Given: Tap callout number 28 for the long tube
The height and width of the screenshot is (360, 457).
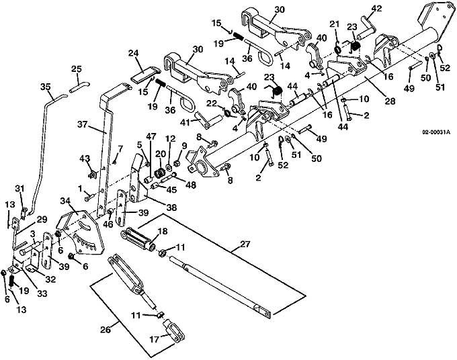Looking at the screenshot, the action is [x=390, y=101].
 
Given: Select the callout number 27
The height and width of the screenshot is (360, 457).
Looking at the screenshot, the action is [x=245, y=244].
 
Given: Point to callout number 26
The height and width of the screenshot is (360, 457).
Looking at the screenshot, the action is [x=106, y=330].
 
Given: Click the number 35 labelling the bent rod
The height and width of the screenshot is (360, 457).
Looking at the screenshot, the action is [x=46, y=87].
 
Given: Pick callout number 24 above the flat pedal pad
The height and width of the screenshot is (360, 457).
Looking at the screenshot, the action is [x=134, y=53].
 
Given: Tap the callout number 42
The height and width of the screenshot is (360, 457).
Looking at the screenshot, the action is [x=376, y=9].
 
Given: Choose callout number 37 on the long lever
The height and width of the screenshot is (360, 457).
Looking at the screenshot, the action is [x=83, y=124].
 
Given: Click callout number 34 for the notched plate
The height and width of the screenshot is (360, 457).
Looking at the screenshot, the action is [x=66, y=201].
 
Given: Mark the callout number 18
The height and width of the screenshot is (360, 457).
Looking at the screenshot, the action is [x=163, y=231].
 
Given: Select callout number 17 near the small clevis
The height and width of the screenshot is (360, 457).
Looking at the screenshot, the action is [x=155, y=340].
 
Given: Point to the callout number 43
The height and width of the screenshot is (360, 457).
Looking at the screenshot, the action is [x=85, y=159].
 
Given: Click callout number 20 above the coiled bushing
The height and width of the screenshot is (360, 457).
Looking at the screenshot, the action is [x=160, y=154].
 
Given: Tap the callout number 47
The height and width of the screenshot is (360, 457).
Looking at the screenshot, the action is [x=151, y=136].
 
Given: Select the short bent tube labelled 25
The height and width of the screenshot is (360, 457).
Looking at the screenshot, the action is [x=79, y=87].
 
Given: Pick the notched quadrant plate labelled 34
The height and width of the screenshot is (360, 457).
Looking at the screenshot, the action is [x=79, y=232].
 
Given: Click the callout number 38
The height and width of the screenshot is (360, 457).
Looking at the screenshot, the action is [x=171, y=208].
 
